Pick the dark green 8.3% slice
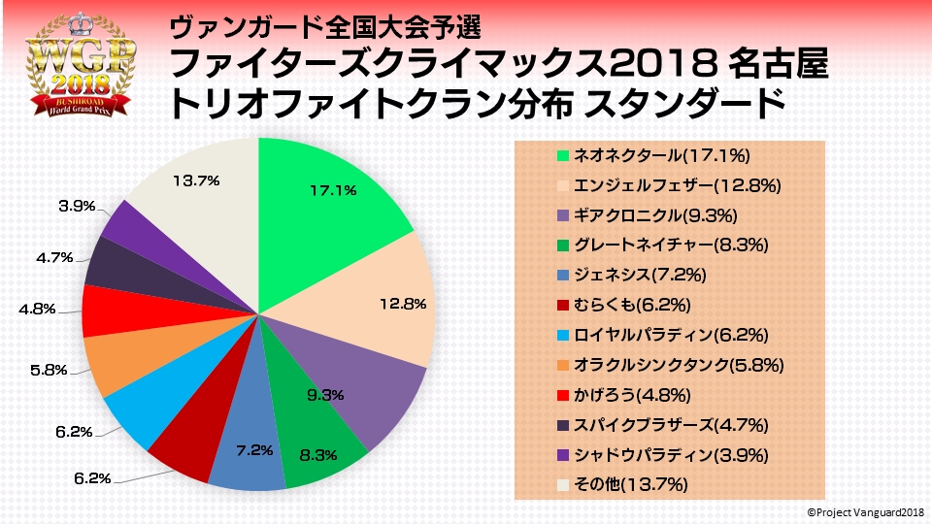click(316, 442)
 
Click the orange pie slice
click(121, 364)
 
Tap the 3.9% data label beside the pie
click(77, 206)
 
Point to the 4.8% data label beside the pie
click(38, 310)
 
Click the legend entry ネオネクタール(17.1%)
click(661, 155)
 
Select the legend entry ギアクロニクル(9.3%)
click(661, 215)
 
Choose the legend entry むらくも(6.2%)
click(632, 306)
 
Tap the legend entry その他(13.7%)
click(630, 486)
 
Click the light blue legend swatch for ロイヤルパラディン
click(562, 336)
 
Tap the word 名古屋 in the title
click(777, 65)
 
